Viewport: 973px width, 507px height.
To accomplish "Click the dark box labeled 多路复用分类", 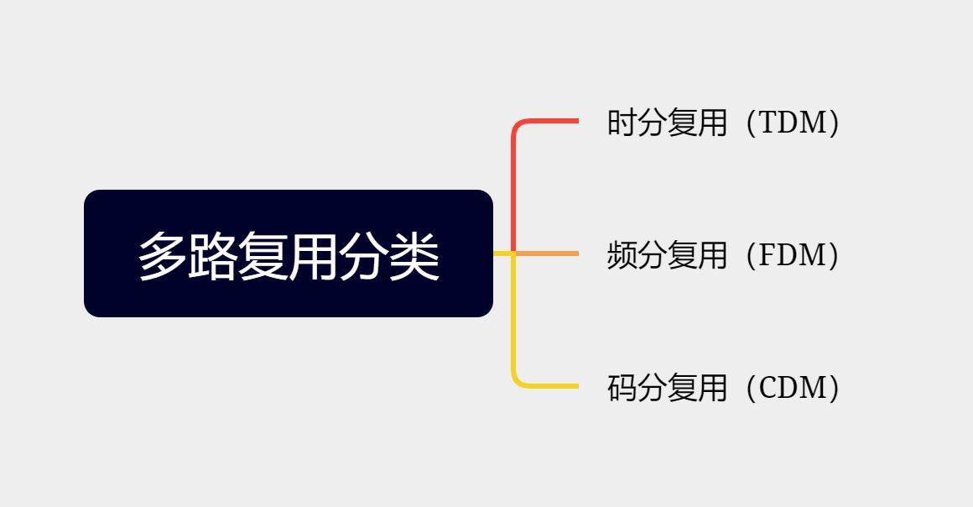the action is point(289,253).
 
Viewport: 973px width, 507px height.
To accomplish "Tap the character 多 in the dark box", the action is point(163,256).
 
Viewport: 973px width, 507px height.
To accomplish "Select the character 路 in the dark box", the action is point(213,256).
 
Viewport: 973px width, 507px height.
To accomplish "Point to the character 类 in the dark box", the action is point(414,256).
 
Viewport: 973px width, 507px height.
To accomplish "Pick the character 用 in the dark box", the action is point(314,256).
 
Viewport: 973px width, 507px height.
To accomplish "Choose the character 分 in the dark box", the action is point(364,256).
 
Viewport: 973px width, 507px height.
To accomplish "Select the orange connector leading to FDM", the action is point(547,253).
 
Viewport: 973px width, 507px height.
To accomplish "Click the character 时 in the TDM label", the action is point(622,123).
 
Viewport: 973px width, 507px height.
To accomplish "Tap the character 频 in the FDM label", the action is point(622,254).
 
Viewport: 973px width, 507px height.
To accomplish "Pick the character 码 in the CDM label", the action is point(622,388).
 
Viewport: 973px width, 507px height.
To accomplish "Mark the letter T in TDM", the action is point(769,123).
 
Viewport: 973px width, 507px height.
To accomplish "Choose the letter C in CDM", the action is point(769,388).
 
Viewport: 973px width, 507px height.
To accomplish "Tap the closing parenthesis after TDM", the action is point(834,123).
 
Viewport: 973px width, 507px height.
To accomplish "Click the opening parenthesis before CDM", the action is point(752,388).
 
